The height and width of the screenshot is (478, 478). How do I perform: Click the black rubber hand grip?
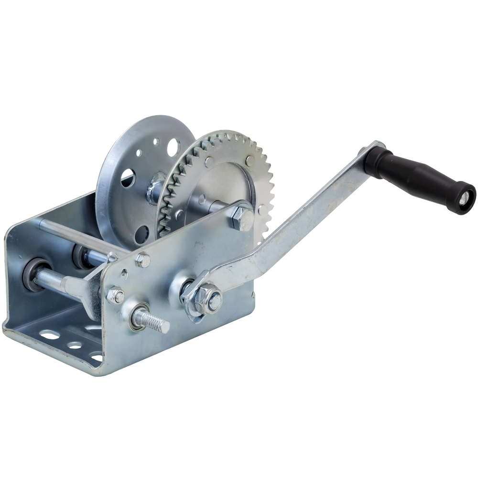pyautogui.click(x=411, y=177)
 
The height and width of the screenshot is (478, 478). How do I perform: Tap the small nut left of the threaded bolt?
pyautogui.click(x=115, y=295)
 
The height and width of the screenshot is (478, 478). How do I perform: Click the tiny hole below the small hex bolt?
pyautogui.click(x=126, y=274)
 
